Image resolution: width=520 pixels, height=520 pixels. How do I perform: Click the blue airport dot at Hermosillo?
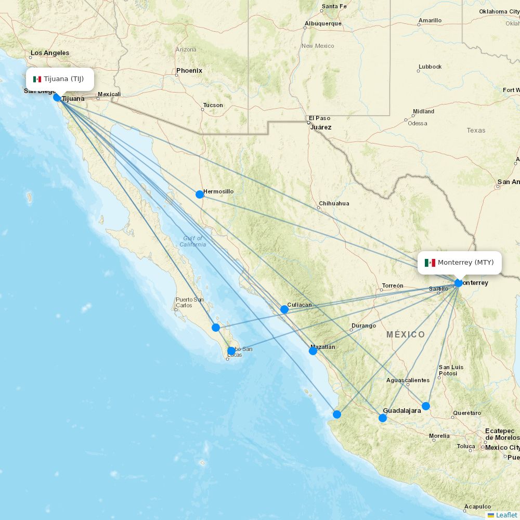(x=200, y=194)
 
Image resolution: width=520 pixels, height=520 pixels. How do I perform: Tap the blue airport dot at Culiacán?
(x=284, y=309)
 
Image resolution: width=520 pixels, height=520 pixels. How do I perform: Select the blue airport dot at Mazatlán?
(x=313, y=351)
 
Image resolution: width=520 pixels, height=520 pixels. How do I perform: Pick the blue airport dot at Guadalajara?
(x=383, y=418)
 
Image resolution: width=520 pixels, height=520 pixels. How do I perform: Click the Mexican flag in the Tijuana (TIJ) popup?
(x=37, y=79)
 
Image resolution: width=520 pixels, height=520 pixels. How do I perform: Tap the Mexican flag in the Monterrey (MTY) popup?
(x=430, y=263)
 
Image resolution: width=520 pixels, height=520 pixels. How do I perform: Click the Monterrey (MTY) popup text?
(x=465, y=263)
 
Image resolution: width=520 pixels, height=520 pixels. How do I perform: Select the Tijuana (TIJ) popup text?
(x=63, y=79)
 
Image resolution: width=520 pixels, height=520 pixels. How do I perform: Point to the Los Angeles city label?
(x=50, y=53)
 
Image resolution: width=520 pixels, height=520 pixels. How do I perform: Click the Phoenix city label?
(x=189, y=71)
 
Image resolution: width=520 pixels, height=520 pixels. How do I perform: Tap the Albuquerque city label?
(x=323, y=23)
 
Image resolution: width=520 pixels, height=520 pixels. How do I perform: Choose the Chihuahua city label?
(x=334, y=203)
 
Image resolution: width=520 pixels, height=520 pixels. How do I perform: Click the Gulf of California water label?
(x=193, y=241)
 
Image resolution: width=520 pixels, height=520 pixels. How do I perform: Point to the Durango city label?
(x=363, y=326)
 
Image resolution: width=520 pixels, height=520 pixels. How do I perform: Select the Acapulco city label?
(x=477, y=506)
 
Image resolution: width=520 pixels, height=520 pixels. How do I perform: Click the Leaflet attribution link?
(x=506, y=515)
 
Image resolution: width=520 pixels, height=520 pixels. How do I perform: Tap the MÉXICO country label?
(x=406, y=334)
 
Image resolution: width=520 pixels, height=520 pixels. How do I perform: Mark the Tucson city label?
(x=213, y=105)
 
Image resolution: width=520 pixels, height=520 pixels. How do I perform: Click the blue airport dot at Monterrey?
(x=458, y=283)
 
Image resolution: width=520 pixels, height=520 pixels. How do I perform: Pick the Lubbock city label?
(x=430, y=67)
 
